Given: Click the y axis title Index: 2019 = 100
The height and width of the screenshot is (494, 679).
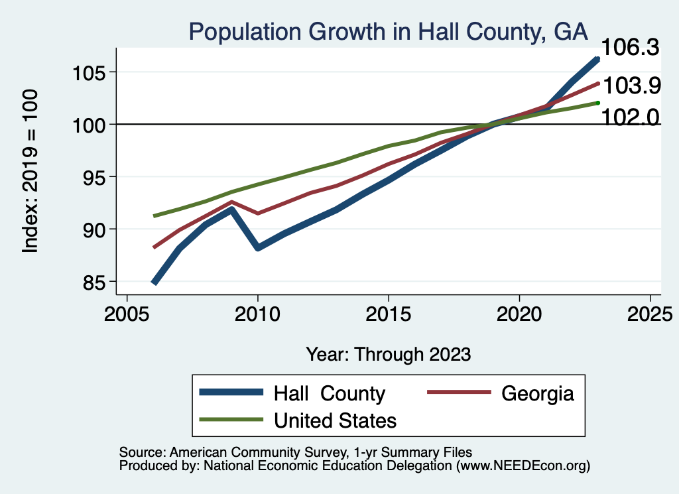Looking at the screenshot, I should pos(31,170).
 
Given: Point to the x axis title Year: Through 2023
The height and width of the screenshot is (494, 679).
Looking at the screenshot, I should pos(389,353).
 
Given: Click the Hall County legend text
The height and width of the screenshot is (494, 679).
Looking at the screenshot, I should pos(329,393).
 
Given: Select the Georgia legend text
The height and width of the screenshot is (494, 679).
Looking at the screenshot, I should pos(537,393).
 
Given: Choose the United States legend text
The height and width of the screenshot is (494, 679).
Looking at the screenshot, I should pos(335,420).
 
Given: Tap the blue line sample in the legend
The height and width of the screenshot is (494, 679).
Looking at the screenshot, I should pos(233,393).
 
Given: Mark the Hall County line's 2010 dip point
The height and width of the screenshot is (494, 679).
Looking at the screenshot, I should pos(258,247).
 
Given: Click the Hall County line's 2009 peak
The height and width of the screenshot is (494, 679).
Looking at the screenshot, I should pos(232,210).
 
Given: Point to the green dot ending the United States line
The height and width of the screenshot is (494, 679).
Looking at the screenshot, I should pos(597,103).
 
